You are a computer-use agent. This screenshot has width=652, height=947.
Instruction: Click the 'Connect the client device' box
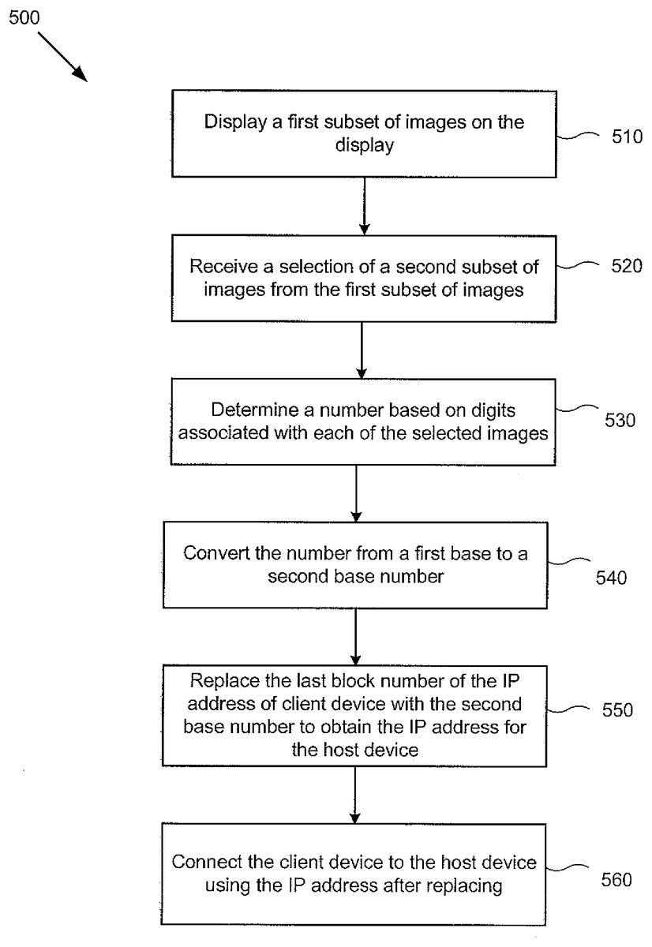click(354, 874)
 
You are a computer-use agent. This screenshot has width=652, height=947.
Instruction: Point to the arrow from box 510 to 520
click(363, 206)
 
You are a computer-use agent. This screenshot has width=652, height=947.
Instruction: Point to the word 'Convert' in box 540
click(209, 552)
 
